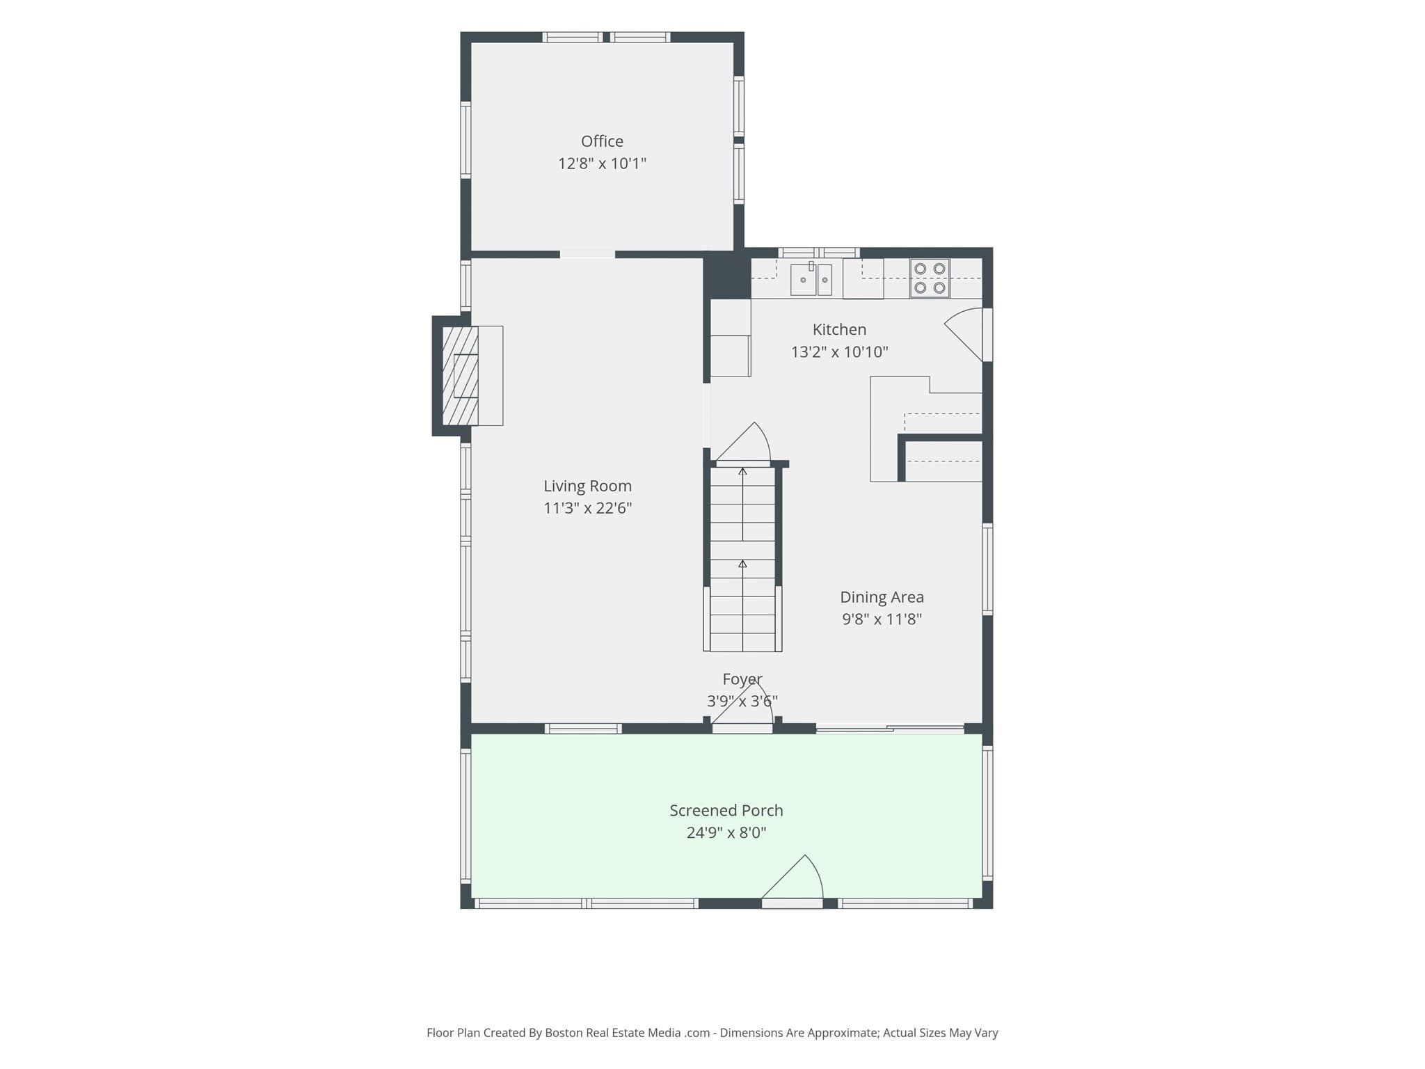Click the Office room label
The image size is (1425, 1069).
602,141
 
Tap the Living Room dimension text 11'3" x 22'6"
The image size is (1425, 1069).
587,508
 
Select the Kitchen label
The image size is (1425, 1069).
839,329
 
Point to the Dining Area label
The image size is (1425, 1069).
882,596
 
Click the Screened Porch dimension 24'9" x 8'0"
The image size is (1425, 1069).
726,832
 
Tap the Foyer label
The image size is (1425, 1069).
742,679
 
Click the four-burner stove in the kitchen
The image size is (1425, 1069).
930,278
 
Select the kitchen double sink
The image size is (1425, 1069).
811,278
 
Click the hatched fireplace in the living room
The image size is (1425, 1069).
461,376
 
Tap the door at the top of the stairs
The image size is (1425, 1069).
742,443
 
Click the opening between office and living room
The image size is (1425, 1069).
587,255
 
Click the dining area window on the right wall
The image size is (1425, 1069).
987,569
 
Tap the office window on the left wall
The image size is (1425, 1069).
465,141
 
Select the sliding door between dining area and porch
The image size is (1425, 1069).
890,729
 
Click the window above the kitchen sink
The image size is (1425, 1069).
819,253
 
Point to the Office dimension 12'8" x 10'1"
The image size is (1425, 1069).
602,164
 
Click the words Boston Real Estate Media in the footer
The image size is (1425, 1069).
612,1033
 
